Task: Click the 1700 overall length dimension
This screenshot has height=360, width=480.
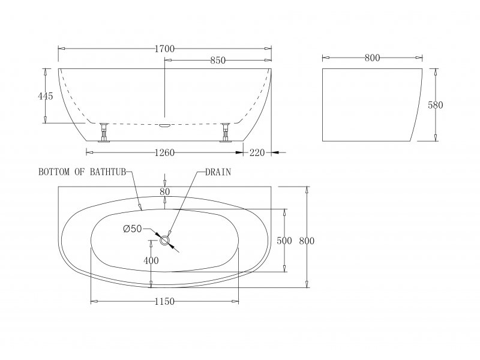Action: (x=164, y=49)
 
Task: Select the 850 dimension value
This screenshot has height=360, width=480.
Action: (x=218, y=61)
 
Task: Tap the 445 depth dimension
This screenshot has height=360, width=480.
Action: (x=46, y=96)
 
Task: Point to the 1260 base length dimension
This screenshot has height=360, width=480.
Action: (x=164, y=152)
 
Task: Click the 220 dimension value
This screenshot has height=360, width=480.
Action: (x=257, y=152)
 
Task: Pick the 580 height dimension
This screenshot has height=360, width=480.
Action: (x=436, y=105)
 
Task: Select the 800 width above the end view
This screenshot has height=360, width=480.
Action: (x=372, y=58)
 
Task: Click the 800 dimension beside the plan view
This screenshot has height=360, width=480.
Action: (x=307, y=241)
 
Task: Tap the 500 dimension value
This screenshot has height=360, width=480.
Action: (x=284, y=241)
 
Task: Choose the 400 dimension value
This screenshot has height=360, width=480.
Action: (x=151, y=260)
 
